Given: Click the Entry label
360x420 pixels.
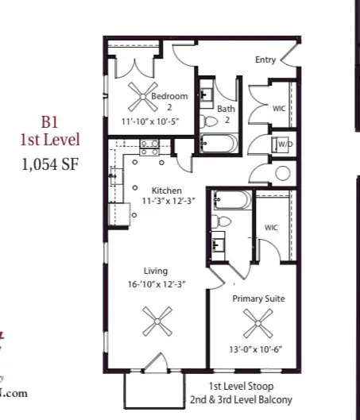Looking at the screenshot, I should pyautogui.click(x=265, y=60).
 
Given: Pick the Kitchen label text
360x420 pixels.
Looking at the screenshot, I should pyautogui.click(x=168, y=191).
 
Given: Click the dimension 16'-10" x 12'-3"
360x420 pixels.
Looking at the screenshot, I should pyautogui.click(x=158, y=284).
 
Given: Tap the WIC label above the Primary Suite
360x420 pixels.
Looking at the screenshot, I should pyautogui.click(x=271, y=228).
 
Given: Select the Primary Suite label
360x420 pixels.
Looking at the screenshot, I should pyautogui.click(x=258, y=299).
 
